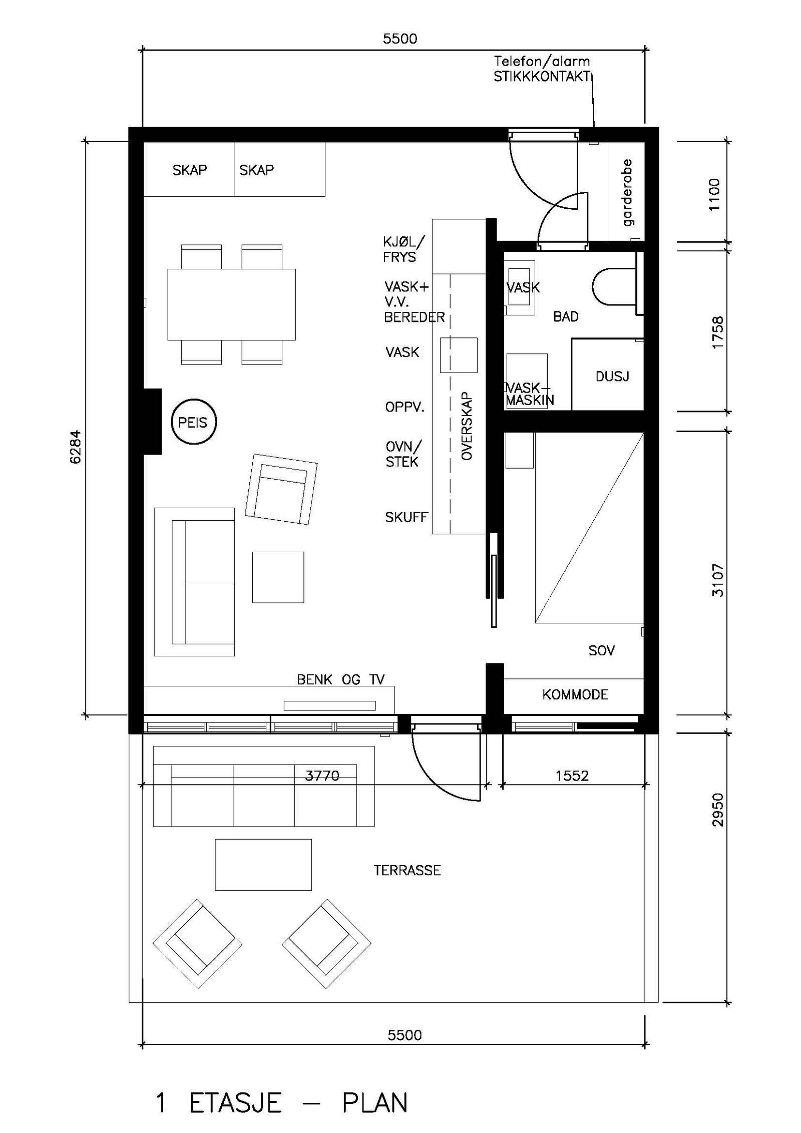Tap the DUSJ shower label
612,376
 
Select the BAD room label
566,316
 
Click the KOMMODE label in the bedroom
575,694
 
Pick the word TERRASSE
407,870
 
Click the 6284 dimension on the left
75,447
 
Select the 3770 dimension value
322,776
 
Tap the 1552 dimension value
572,776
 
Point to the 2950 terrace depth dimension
717,810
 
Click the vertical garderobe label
627,193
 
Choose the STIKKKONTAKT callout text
542,77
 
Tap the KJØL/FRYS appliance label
404,249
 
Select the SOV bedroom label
601,650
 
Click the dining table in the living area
231,304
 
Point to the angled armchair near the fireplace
281,489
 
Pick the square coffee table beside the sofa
278,577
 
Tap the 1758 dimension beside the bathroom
717,332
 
